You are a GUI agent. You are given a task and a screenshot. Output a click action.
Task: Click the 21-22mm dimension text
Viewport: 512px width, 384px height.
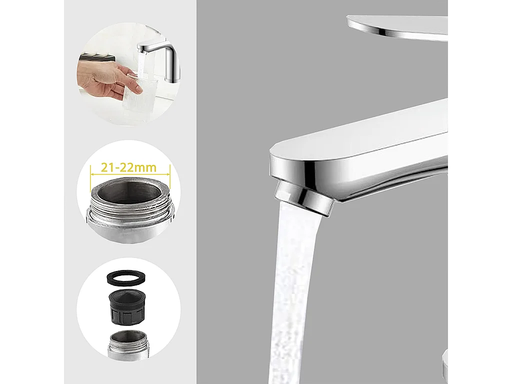128,167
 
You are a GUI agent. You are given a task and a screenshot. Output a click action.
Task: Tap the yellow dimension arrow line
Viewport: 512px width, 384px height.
129,175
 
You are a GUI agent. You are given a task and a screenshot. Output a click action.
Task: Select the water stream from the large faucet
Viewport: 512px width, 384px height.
295,290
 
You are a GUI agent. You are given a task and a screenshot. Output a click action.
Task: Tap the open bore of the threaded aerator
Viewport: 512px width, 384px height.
128,193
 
